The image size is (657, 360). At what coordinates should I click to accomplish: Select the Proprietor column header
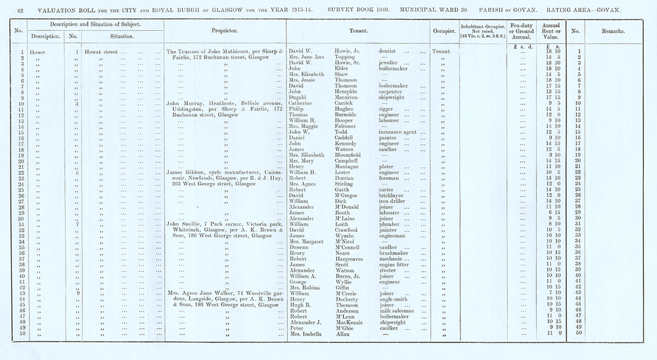[224, 31]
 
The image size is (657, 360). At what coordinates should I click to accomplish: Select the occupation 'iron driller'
[394, 201]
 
